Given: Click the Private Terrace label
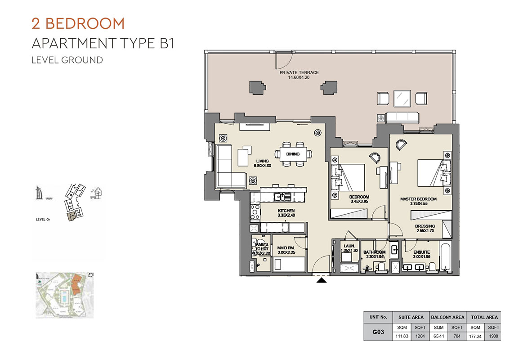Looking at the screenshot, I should (x=299, y=72).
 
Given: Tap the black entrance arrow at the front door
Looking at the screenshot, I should (x=322, y=280).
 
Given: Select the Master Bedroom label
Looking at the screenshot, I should (x=418, y=199).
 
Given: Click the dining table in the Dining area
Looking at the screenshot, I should (x=295, y=154).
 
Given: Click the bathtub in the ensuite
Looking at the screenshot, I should (x=445, y=258).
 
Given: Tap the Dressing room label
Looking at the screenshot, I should (x=425, y=226).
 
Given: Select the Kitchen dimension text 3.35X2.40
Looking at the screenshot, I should (x=286, y=216).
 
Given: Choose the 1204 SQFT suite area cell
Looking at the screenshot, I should (x=420, y=336).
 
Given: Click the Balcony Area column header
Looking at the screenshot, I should (x=447, y=317).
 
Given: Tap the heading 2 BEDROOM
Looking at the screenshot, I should (x=78, y=23).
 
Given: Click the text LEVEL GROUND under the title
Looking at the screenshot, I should (x=67, y=60).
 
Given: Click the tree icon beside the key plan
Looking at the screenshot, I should (x=96, y=193).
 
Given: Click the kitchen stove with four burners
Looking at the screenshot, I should (x=255, y=211).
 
